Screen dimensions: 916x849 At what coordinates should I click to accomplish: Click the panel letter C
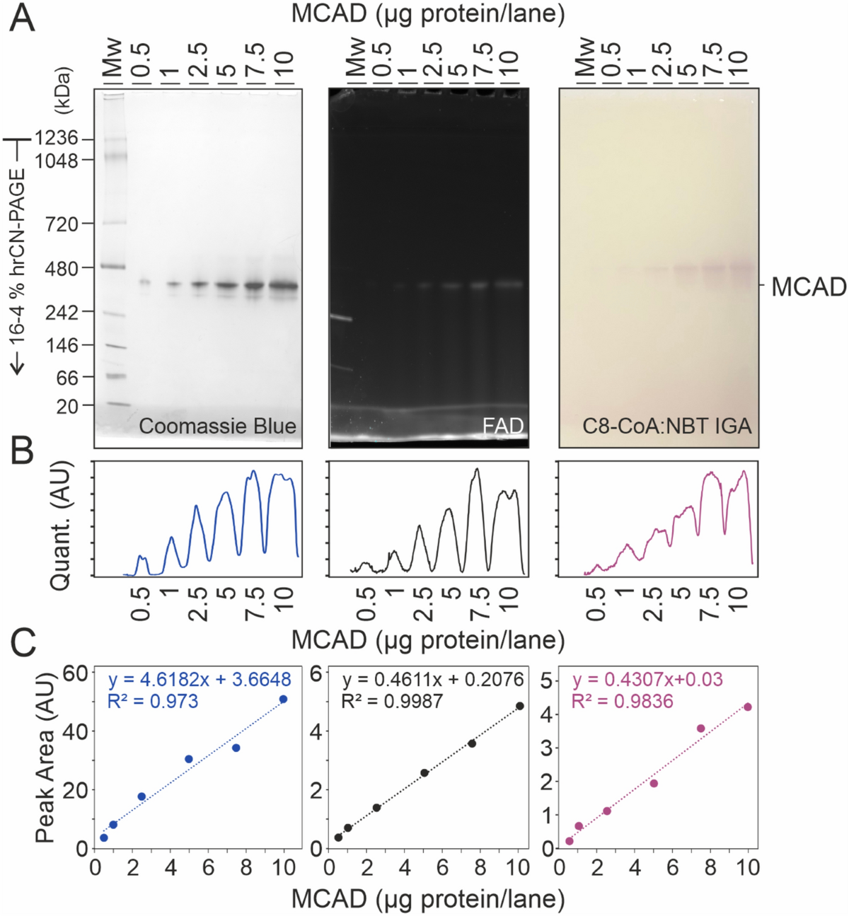[23, 643]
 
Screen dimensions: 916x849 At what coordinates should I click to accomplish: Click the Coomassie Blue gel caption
[217, 426]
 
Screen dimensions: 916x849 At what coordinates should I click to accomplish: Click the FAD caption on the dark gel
[503, 426]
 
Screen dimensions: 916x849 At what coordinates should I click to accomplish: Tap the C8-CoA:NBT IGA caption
[666, 426]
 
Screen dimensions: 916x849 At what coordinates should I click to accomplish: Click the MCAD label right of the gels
[809, 287]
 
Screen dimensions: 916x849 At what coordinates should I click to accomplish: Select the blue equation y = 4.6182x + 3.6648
[200, 680]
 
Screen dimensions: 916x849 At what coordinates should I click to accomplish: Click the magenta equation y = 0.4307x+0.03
[647, 680]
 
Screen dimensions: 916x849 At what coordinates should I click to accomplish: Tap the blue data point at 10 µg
[283, 699]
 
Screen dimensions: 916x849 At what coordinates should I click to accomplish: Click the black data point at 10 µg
[519, 706]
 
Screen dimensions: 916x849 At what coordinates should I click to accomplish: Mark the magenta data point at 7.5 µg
[700, 728]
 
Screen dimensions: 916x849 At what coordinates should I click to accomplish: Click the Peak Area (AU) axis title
[45, 757]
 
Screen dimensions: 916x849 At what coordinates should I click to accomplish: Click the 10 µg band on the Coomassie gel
[284, 286]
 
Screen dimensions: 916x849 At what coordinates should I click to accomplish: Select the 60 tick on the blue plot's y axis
[76, 673]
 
